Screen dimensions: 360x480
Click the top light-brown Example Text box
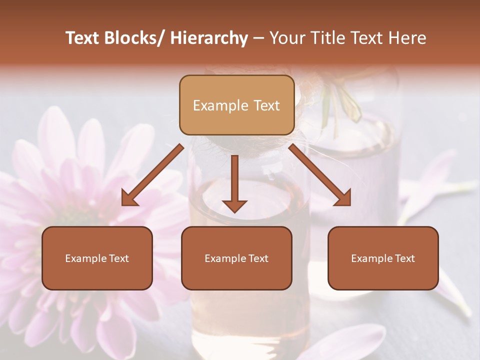point(236,105)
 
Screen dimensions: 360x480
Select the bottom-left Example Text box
point(97,258)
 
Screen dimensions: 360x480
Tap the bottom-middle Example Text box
point(236,258)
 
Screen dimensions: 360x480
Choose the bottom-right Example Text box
point(383,258)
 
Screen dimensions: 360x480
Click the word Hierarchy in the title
point(209,38)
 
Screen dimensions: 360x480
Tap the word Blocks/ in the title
point(138,38)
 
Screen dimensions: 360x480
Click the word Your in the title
point(285,38)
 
